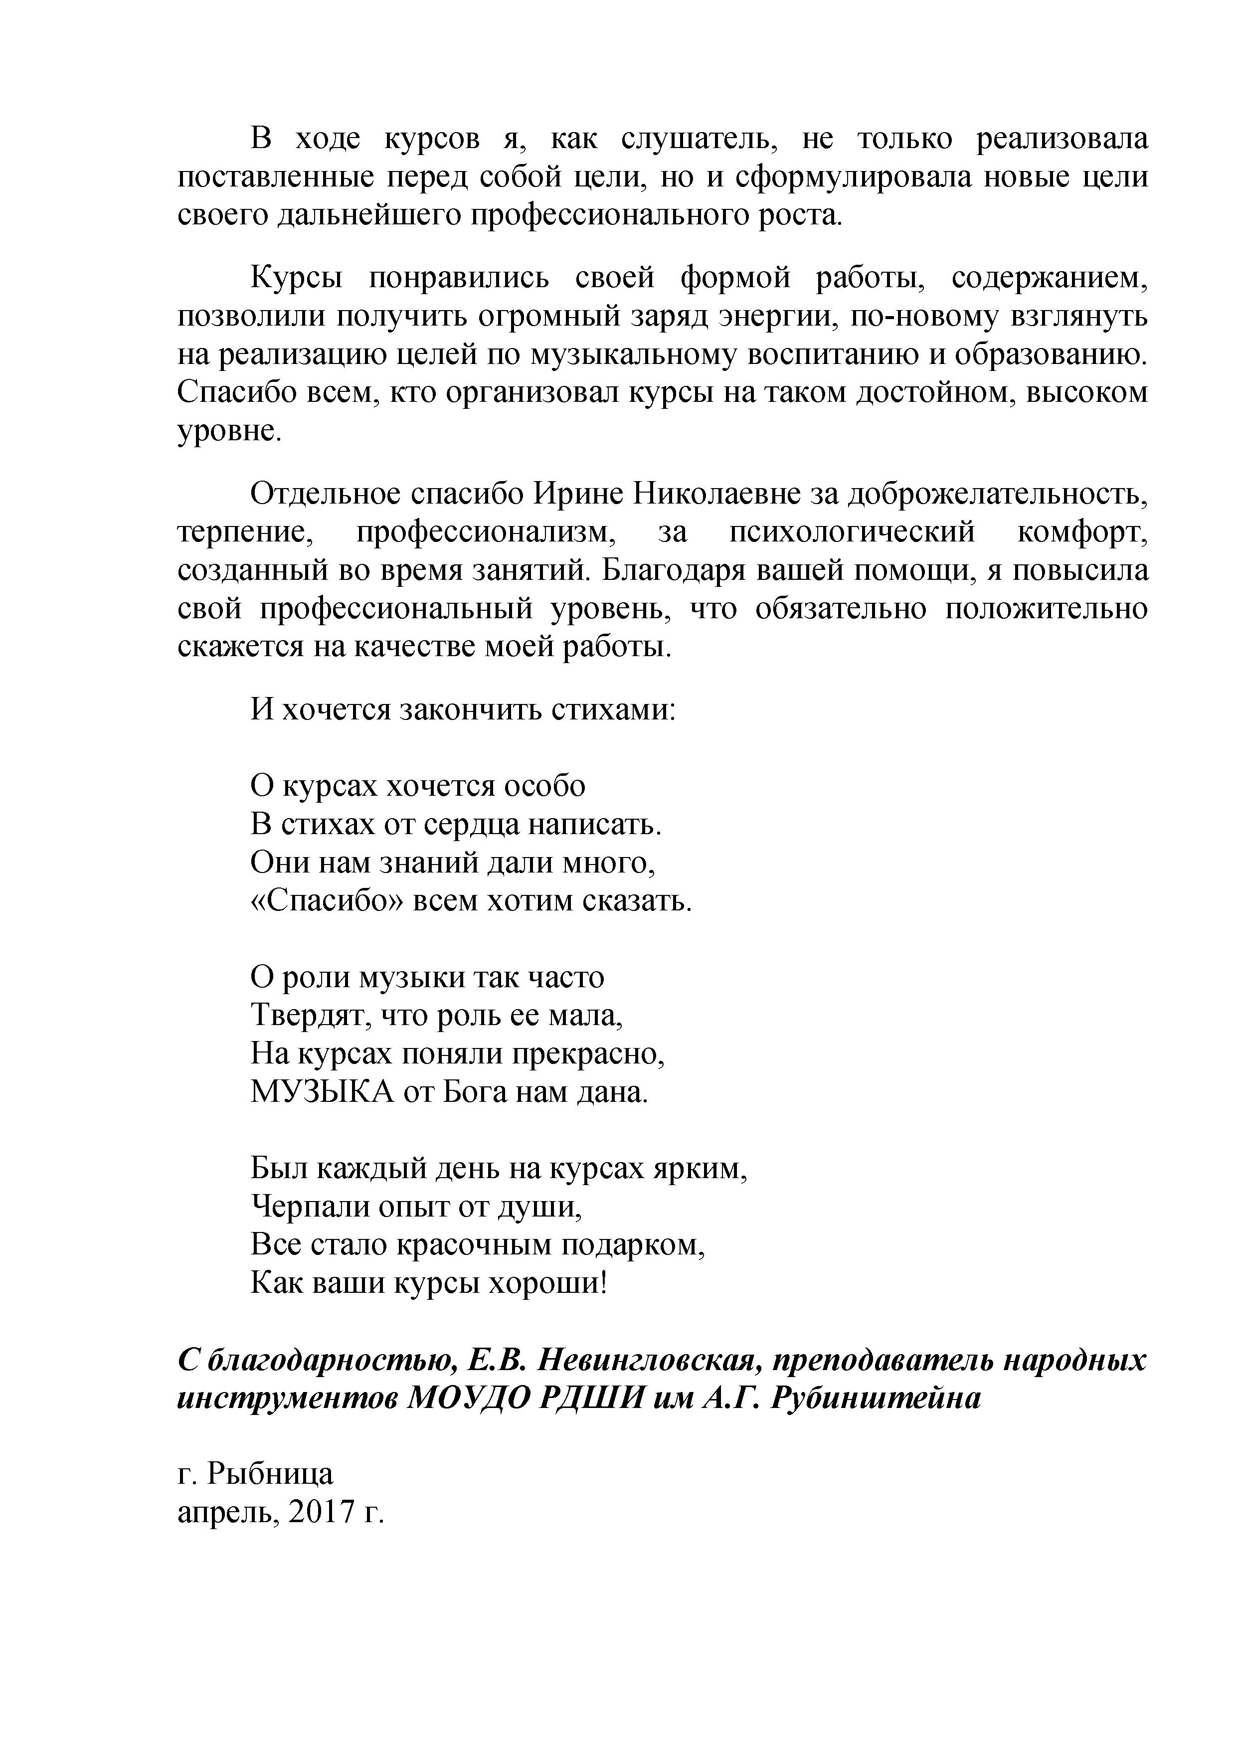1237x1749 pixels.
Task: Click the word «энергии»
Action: click(x=775, y=316)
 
